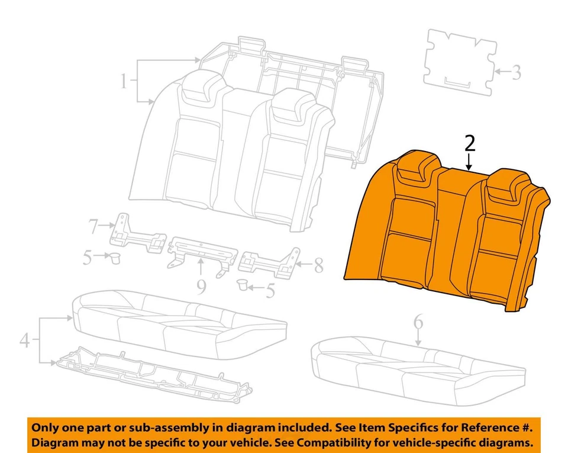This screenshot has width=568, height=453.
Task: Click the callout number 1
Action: point(123,81)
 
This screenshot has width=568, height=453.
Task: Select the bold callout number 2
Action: point(470,144)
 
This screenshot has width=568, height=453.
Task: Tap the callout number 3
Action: point(516,73)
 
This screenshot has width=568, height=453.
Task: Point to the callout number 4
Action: point(25,340)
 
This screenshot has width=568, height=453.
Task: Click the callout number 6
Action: point(418,323)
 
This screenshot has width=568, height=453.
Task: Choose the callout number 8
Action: point(318,265)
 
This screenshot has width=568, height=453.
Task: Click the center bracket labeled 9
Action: point(200,251)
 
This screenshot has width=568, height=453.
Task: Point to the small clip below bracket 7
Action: point(115,258)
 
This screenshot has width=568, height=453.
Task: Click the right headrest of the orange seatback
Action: point(507,181)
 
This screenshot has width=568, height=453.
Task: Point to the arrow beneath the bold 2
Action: point(470,162)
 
